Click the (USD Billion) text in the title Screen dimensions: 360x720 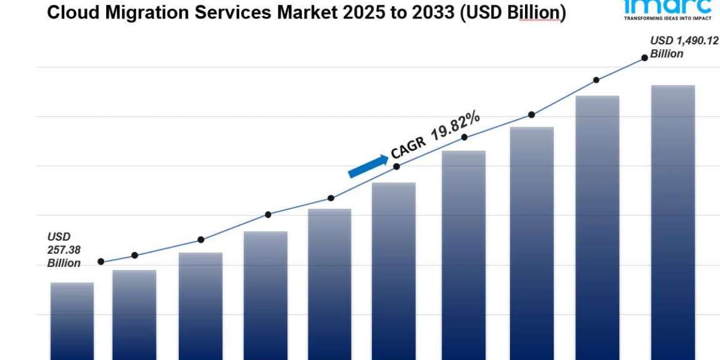[511, 13]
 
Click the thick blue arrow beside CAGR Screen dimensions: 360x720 [367, 166]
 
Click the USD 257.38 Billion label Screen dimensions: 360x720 [64, 250]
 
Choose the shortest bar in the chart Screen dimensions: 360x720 [72, 321]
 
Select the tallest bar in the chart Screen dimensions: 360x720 [673, 222]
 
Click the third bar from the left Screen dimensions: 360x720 [200, 306]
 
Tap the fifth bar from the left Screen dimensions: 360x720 [329, 284]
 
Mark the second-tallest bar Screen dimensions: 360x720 [598, 228]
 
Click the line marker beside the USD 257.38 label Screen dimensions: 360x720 [101, 262]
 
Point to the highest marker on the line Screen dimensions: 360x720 [644, 58]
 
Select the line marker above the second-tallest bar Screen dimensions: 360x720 [596, 80]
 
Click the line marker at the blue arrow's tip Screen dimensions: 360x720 [396, 166]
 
